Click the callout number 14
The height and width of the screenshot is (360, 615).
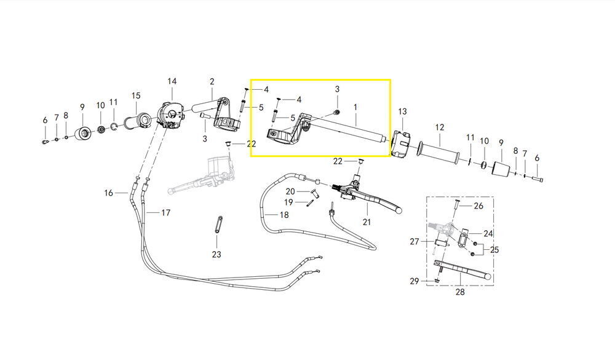tap(172, 81)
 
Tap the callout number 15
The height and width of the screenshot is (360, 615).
tap(136, 95)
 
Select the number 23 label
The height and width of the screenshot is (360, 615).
tap(216, 254)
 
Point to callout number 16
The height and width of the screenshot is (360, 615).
tap(109, 193)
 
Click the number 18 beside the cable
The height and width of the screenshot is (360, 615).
tap(284, 215)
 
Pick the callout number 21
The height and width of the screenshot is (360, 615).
tap(367, 222)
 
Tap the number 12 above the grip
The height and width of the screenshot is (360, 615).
tap(440, 127)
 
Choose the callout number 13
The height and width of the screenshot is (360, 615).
tap(403, 111)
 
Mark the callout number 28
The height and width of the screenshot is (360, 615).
tap(460, 292)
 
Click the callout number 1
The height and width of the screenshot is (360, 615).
tap(355, 107)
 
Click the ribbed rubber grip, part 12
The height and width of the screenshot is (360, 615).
tap(438, 153)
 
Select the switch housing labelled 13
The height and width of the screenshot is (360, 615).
tap(400, 144)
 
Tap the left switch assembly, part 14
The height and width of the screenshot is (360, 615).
tap(170, 114)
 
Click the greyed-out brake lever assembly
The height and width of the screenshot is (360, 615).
tap(202, 176)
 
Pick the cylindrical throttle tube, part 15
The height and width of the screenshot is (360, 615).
tap(138, 121)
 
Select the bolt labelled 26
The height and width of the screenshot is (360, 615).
tap(457, 206)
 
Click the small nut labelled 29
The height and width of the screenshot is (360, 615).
tap(436, 281)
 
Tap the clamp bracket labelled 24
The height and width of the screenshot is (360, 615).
tap(463, 238)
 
